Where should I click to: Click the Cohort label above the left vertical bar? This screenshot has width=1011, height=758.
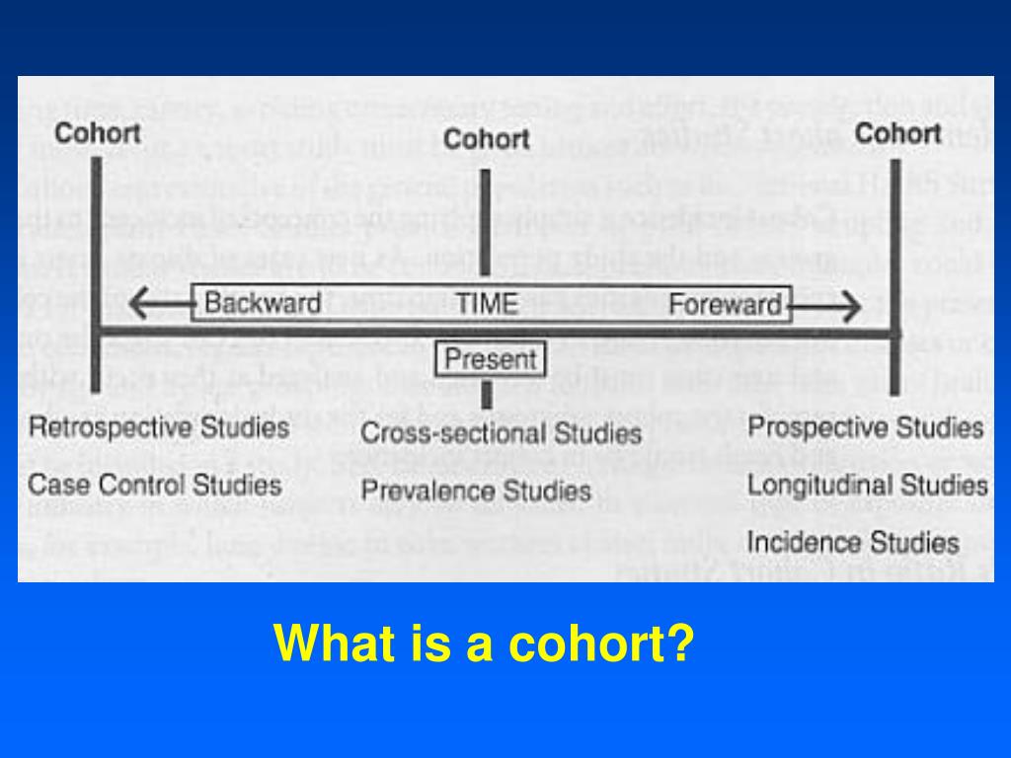pyautogui.click(x=97, y=132)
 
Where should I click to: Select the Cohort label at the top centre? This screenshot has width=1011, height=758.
pyautogui.click(x=487, y=139)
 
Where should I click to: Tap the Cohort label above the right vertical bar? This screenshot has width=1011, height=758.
pyautogui.click(x=897, y=132)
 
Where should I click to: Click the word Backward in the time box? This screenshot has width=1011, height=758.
pyautogui.click(x=263, y=303)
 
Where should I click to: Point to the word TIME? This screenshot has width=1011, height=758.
pyautogui.click(x=487, y=303)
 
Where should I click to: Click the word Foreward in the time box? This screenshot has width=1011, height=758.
pyautogui.click(x=726, y=304)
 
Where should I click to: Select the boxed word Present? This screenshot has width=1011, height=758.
pyautogui.click(x=491, y=359)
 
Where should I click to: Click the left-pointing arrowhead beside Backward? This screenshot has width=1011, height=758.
pyautogui.click(x=138, y=304)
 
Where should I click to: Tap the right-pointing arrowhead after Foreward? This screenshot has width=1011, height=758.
pyautogui.click(x=851, y=309)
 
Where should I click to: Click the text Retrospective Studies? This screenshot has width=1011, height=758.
pyautogui.click(x=158, y=427)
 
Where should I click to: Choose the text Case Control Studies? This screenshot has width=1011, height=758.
pyautogui.click(x=154, y=485)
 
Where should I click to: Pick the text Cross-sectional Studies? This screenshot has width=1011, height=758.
pyautogui.click(x=501, y=432)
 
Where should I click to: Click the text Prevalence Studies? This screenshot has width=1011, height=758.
pyautogui.click(x=476, y=491)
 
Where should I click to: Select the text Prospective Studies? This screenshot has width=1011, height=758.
pyautogui.click(x=866, y=427)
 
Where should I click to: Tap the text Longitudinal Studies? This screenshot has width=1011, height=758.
pyautogui.click(x=867, y=485)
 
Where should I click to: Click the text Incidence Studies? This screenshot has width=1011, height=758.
pyautogui.click(x=853, y=542)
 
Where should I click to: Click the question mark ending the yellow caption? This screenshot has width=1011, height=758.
pyautogui.click(x=680, y=644)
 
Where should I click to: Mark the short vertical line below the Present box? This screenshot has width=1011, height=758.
pyautogui.click(x=486, y=395)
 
